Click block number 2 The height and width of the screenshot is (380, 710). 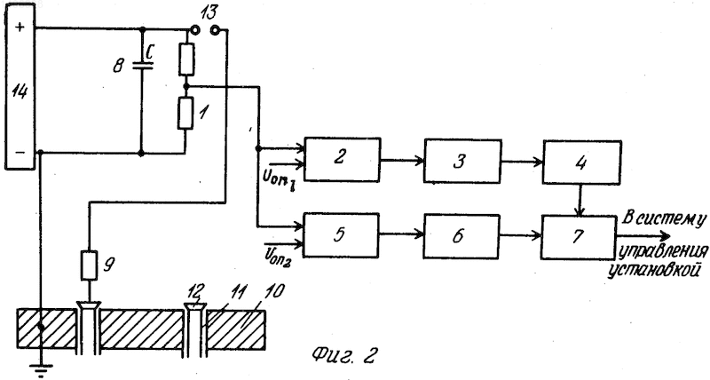(342, 160)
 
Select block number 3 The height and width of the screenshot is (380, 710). (462, 162)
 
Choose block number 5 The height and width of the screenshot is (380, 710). (341, 234)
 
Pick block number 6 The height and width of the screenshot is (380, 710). (461, 236)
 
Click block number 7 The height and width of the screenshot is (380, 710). (579, 237)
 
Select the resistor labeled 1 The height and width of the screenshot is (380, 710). (185, 113)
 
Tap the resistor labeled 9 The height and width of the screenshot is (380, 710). (89, 265)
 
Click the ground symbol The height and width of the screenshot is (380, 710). (41, 369)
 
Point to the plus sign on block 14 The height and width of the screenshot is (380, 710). (20, 28)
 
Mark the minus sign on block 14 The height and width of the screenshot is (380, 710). (20, 153)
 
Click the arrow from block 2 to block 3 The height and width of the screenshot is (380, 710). (402, 160)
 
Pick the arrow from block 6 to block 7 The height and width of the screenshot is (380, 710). (520, 235)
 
